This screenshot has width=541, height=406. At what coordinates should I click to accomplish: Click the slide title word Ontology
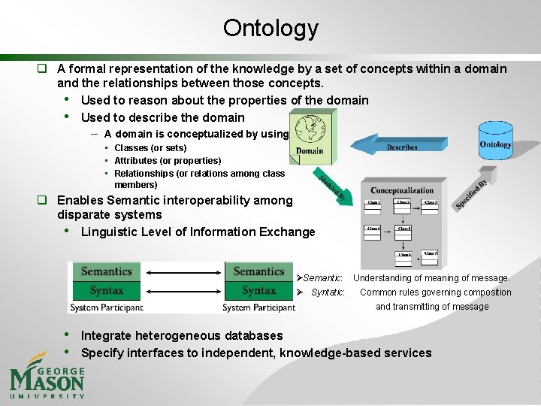270,29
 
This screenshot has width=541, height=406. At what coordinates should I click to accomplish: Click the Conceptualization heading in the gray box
402,191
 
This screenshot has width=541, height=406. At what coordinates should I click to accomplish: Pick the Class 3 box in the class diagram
429,203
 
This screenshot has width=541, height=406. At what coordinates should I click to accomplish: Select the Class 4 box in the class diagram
373,228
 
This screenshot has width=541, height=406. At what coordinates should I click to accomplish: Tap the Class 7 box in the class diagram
429,253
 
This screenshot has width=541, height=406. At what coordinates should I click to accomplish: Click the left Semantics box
107,271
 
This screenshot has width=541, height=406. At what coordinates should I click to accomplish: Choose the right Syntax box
258,290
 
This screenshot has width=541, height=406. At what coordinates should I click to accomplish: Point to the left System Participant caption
106,307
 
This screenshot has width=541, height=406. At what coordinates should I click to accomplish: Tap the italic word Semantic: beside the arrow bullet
324,278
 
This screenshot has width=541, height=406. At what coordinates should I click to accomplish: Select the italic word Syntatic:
328,292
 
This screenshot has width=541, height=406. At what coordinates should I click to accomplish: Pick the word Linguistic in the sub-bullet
110,232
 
